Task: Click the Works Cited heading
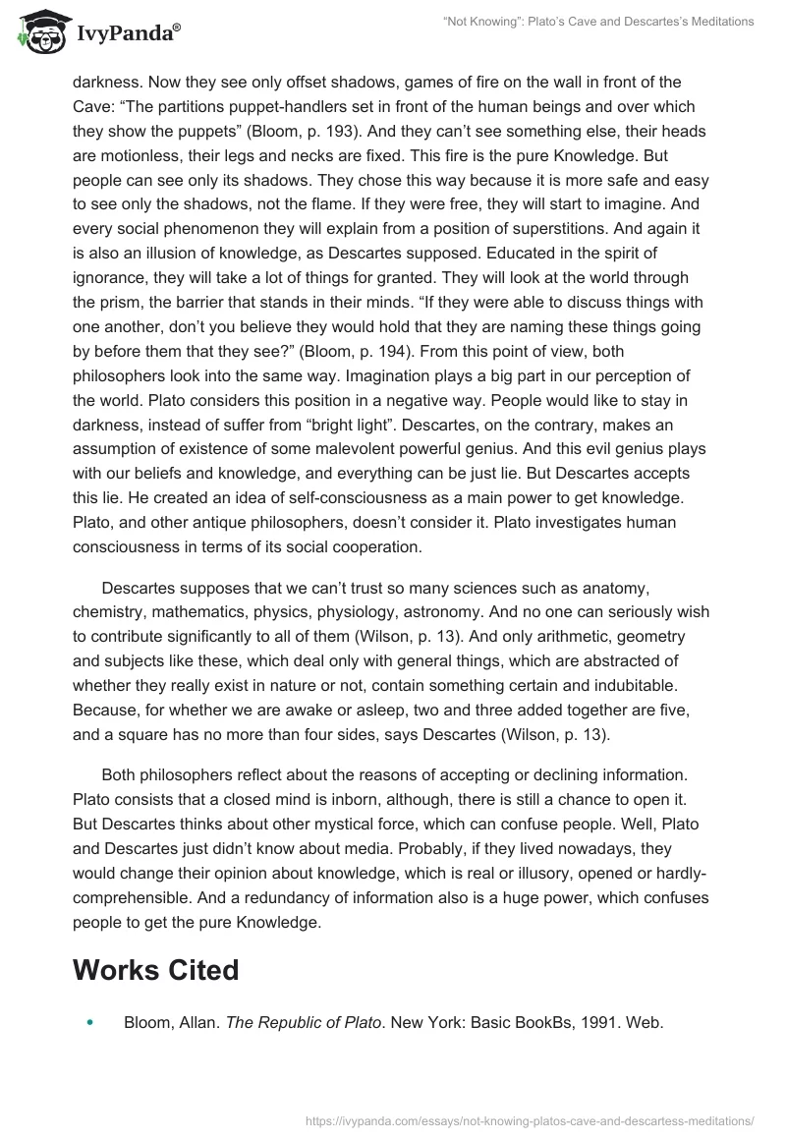[x=155, y=970]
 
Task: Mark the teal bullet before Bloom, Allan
[x=89, y=1023]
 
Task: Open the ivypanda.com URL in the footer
[x=530, y=1119]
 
